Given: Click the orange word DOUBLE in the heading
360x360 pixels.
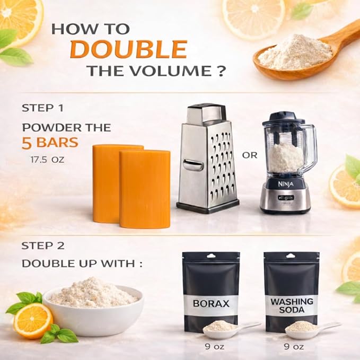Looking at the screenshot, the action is click(x=129, y=49).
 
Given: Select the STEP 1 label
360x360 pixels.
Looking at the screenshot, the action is click(x=43, y=108).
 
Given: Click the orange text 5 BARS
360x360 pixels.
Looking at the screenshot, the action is click(x=50, y=143).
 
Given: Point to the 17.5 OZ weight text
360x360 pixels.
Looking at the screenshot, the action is click(x=47, y=160).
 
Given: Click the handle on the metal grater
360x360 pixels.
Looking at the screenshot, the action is click(x=193, y=164).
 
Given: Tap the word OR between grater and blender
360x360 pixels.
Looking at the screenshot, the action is click(x=250, y=155).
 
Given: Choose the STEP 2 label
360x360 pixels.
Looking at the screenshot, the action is click(x=43, y=246).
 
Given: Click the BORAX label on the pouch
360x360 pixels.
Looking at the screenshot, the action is click(x=211, y=303).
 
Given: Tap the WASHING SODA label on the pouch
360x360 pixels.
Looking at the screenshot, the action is click(x=292, y=305).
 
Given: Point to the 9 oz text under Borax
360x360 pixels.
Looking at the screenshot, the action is click(x=214, y=346).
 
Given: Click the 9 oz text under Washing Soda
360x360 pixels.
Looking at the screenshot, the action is click(x=294, y=346).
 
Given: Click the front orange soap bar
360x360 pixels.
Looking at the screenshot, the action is click(x=145, y=189).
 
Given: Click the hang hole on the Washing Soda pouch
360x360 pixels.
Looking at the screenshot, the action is click(x=291, y=256).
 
